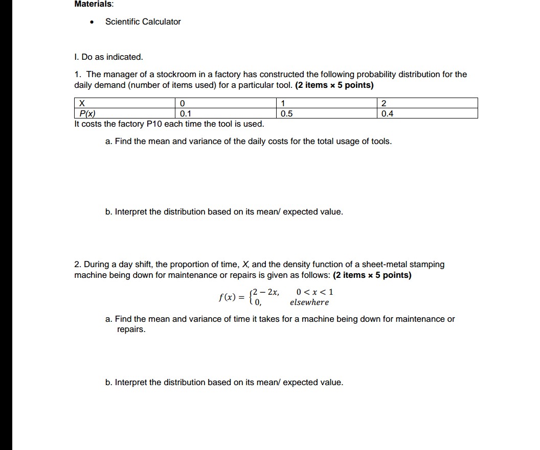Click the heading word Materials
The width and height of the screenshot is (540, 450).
(94, 4)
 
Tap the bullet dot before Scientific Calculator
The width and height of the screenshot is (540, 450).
(92, 22)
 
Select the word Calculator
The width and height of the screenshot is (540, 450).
(162, 21)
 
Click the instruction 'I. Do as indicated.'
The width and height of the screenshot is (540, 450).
(108, 57)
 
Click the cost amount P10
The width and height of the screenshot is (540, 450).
(154, 124)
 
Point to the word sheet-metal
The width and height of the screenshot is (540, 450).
(383, 264)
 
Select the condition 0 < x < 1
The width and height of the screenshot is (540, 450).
(314, 292)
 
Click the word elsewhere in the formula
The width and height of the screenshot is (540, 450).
(309, 302)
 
